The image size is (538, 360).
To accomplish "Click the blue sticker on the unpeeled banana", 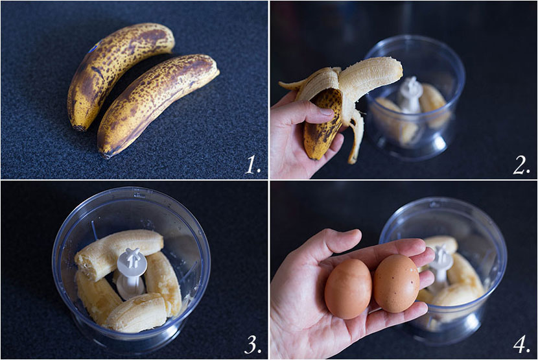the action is click(93, 48).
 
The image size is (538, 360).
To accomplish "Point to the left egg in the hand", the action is click(348, 289).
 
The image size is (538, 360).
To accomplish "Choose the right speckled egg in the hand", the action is click(396, 283).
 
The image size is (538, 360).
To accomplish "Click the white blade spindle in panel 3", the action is click(132, 274).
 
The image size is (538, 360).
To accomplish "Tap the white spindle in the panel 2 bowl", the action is click(410, 94).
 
